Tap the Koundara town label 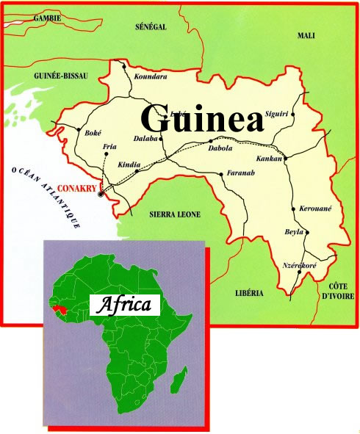[151, 76]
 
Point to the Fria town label [111, 147]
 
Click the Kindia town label [129, 165]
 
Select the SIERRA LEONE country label [175, 215]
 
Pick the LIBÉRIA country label [248, 294]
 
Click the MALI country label [306, 35]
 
